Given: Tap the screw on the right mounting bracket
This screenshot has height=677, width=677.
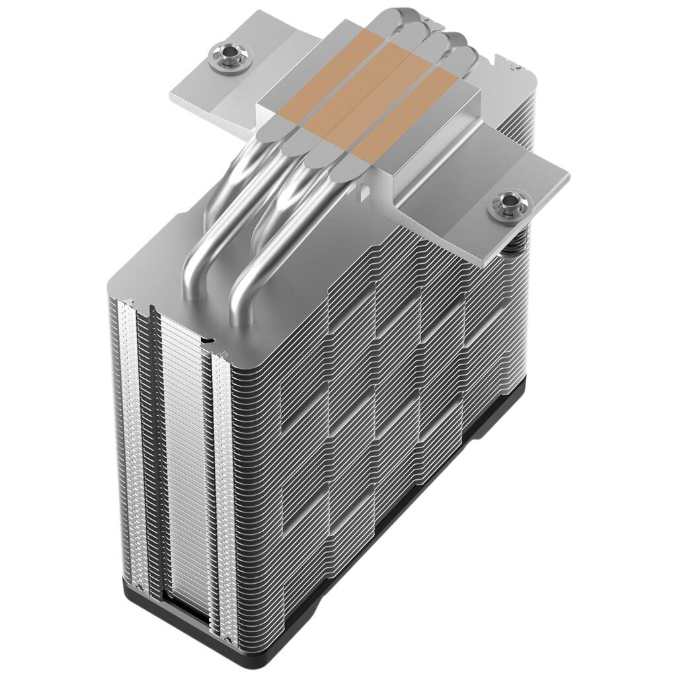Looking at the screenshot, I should pyautogui.click(x=508, y=204).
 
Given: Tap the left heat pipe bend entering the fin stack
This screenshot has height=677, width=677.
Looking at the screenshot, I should pyautogui.click(x=198, y=264).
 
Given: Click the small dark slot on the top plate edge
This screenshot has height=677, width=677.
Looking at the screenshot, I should pyautogui.click(x=208, y=340).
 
